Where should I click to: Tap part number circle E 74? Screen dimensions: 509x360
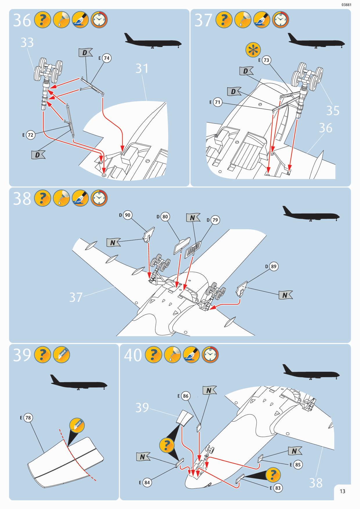point(107,58)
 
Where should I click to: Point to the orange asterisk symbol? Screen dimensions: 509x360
point(253,50)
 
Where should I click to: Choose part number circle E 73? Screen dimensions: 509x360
point(266,60)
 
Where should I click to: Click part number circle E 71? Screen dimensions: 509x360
point(217,102)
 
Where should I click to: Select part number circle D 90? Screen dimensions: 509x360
point(127,215)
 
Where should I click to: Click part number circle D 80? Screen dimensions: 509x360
point(165,216)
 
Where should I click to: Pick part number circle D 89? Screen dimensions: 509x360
point(273,266)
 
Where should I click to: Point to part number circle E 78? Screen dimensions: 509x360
point(28,418)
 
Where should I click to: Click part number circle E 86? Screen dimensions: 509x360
point(186,396)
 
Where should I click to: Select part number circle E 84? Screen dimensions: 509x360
point(147,483)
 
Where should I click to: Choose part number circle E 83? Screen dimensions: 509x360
point(278,488)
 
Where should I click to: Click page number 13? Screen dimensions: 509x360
point(343,491)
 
